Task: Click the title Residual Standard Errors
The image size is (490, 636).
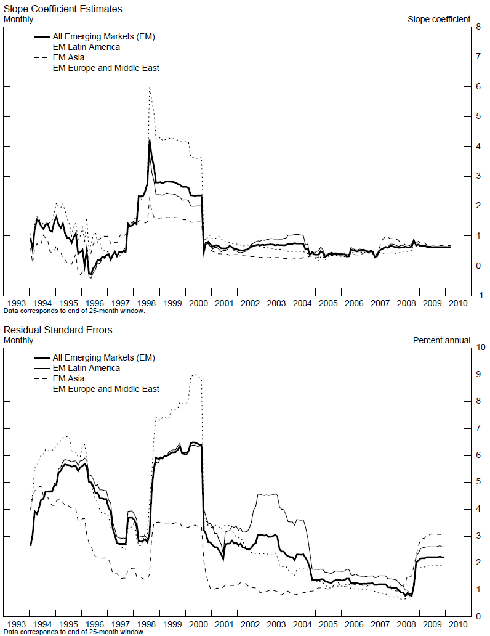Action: point(58,330)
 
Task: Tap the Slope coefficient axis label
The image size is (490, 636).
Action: point(439,19)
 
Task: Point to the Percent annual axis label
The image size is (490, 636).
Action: point(441,340)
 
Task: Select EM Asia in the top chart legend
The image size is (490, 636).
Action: point(68,57)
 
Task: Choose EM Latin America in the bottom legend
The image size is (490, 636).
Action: point(86,368)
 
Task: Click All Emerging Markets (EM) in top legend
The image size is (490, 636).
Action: point(103,36)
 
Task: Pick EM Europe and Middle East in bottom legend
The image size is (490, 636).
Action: point(106,389)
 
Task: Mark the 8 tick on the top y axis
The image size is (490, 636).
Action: point(478,27)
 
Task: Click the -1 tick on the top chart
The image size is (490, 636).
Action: point(478,296)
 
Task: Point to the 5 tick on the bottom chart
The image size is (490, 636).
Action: point(478,483)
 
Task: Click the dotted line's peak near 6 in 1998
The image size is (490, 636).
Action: point(150,88)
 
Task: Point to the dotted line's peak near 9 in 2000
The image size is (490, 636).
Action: point(195,374)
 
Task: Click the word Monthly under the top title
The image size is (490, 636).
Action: point(18,19)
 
